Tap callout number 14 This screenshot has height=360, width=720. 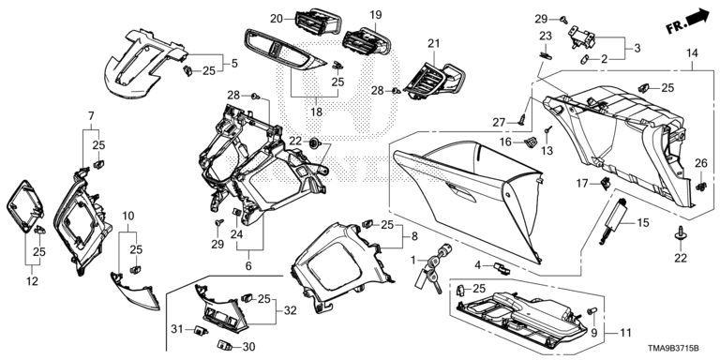tap(692, 53)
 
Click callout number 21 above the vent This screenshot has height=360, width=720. tap(433, 44)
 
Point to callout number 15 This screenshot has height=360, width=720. tap(643, 223)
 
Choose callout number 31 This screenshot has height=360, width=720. tap(177, 329)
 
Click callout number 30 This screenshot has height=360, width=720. tap(248, 347)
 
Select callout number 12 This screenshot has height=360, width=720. tap(32, 280)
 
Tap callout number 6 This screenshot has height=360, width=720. tap(248, 266)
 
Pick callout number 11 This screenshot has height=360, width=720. tap(625, 333)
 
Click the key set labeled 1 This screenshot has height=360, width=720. tap(434, 267)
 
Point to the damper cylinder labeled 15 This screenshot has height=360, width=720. tap(613, 218)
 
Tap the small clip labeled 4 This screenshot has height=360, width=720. tap(502, 269)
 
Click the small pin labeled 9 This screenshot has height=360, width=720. tap(592, 310)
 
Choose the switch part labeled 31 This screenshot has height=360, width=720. tap(201, 329)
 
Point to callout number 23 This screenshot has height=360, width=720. tap(545, 36)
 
